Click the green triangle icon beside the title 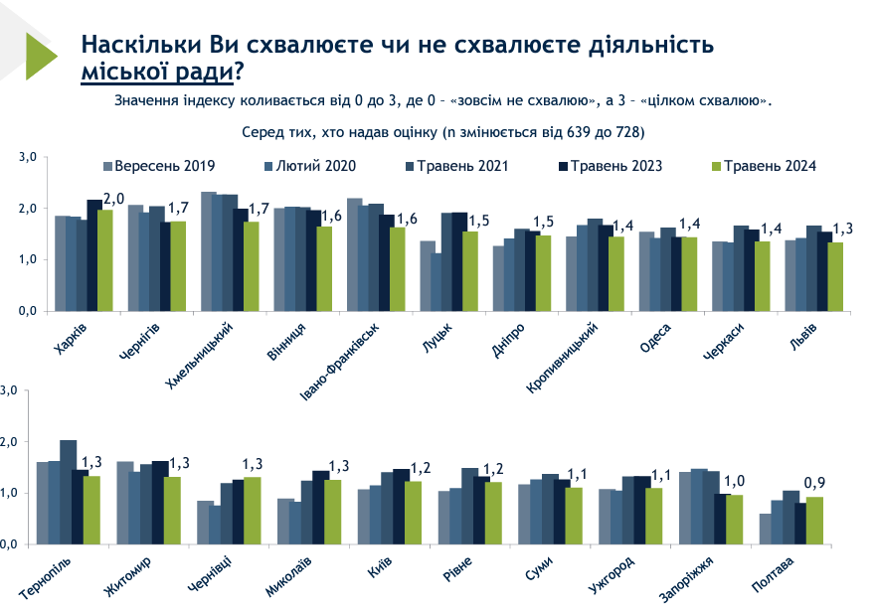coord(42,57)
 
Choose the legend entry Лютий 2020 coord(316,166)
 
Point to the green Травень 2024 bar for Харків coord(105,260)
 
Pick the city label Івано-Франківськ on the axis coord(341,364)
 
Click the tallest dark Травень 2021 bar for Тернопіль coord(69,492)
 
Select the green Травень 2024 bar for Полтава coord(814,521)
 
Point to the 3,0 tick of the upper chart coord(27,157)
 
